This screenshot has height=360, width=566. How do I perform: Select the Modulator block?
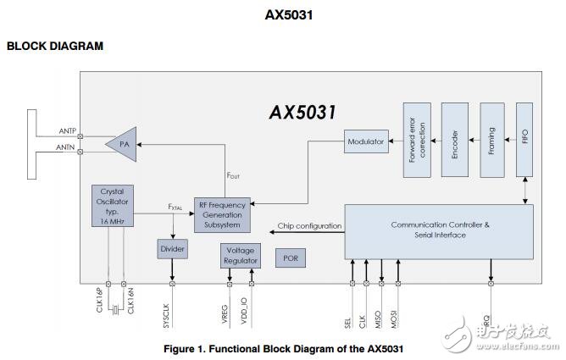pyautogui.click(x=366, y=141)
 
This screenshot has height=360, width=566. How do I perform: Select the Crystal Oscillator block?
pyautogui.click(x=113, y=205)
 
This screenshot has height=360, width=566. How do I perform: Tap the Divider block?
pyautogui.click(x=172, y=250)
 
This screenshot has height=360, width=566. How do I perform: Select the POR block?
pyautogui.click(x=291, y=258)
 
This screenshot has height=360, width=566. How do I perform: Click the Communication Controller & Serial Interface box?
pyautogui.click(x=439, y=231)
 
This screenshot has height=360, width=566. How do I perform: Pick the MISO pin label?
pyautogui.click(x=383, y=318)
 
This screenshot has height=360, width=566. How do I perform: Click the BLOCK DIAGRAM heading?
pyautogui.click(x=55, y=46)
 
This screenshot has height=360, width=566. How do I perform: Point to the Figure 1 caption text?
pyautogui.click(x=283, y=348)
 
